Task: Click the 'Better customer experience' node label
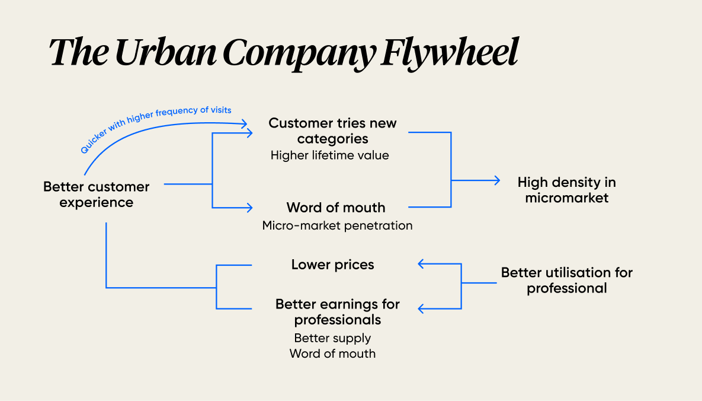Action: (96, 195)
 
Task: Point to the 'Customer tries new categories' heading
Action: (332, 131)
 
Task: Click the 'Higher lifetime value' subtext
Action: (329, 155)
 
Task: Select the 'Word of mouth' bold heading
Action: (336, 208)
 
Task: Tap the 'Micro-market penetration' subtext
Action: (337, 225)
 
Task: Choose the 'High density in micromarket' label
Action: (566, 190)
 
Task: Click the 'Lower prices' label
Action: (332, 265)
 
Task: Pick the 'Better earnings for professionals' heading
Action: (337, 312)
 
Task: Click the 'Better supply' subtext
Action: (332, 338)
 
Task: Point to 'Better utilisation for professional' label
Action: (567, 281)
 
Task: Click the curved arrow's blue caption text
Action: (155, 129)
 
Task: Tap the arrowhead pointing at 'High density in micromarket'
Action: (497, 181)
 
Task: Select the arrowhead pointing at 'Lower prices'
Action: (421, 264)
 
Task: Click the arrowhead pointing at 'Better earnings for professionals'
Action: (421, 308)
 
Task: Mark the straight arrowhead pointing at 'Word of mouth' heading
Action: (249, 208)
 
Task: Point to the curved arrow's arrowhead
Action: (243, 124)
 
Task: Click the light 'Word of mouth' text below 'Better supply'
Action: (332, 354)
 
